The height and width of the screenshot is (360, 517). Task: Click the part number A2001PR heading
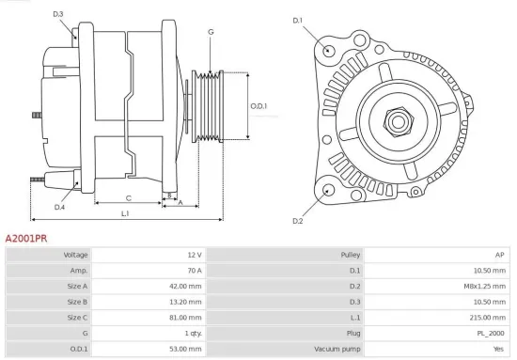(x=26, y=240)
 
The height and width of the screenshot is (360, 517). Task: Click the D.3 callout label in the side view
(x=58, y=14)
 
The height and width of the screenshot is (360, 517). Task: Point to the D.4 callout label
(x=59, y=207)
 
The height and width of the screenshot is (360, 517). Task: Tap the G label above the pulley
(x=211, y=32)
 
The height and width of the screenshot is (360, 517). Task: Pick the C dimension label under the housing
(x=128, y=197)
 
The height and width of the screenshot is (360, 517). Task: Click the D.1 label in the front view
(x=298, y=20)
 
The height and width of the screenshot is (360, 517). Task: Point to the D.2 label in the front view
(x=298, y=221)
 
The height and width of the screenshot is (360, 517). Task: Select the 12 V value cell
(x=194, y=256)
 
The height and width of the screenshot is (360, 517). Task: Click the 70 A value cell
(x=194, y=271)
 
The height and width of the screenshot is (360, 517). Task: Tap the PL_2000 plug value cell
(x=491, y=333)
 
